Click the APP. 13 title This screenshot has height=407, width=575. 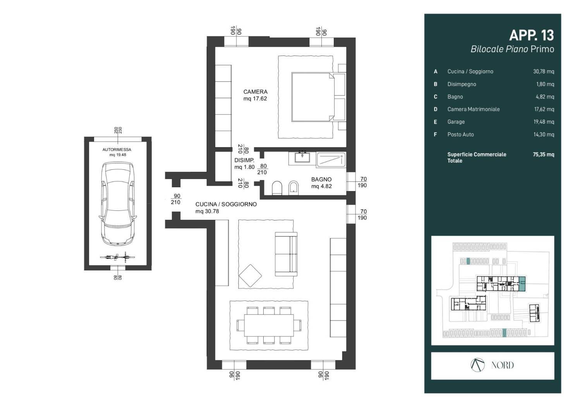[x=531, y=35]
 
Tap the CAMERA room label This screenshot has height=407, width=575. [x=256, y=92]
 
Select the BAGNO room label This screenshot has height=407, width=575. [x=321, y=179]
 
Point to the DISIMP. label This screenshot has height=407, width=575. [x=244, y=160]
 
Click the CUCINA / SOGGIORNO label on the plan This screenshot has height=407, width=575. [x=226, y=204]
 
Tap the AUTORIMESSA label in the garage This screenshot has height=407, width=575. [x=117, y=150]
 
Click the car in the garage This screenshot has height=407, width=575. [x=118, y=204]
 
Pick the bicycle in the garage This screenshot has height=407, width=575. [x=117, y=257]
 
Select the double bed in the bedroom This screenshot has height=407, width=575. [x=319, y=97]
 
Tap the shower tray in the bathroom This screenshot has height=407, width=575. [x=331, y=160]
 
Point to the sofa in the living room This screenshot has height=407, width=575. [x=286, y=254]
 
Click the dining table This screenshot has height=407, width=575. [x=269, y=325]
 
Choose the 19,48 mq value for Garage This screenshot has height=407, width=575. [x=544, y=122]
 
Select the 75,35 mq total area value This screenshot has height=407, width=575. [x=543, y=154]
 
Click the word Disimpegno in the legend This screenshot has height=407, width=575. [x=462, y=84]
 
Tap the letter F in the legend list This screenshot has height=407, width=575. [x=435, y=135]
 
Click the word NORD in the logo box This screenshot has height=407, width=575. [x=502, y=365]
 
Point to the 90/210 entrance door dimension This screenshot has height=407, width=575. [x=176, y=199]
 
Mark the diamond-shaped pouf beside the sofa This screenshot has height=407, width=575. [x=250, y=276]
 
